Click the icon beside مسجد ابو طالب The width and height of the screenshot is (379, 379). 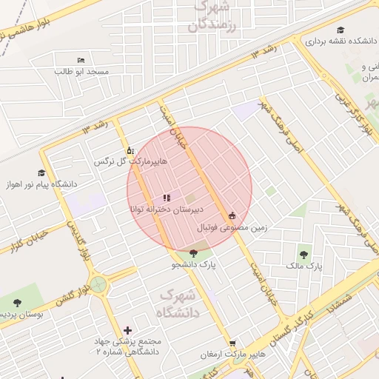(x=81, y=60)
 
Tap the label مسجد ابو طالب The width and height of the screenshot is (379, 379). (x=81, y=72)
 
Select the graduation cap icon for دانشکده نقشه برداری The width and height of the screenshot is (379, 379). (x=341, y=30)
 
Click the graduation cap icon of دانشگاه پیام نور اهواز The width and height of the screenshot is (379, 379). (x=41, y=173)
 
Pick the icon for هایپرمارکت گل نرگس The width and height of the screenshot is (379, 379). (x=131, y=149)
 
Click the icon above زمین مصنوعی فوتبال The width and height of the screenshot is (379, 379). (x=232, y=215)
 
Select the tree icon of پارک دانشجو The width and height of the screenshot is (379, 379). (x=193, y=254)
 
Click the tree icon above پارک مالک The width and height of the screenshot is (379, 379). (x=304, y=253)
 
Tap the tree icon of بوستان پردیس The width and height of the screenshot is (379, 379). (x=17, y=302)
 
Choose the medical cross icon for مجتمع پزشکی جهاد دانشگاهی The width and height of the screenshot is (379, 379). (x=129, y=329)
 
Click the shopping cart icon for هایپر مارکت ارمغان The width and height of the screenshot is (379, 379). (x=232, y=343)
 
